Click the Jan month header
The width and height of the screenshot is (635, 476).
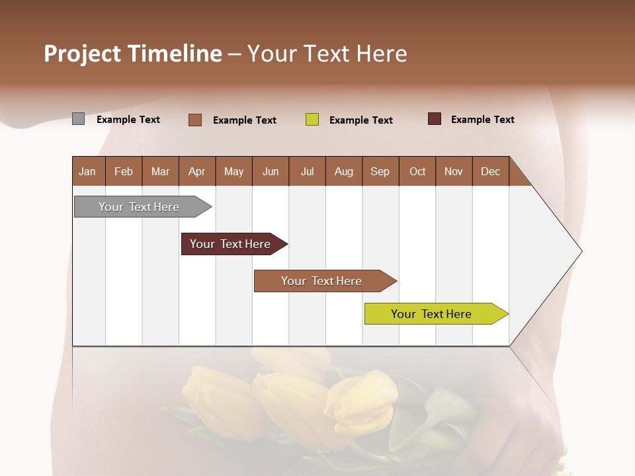(x=87, y=171)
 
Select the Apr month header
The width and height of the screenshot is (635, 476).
(x=196, y=171)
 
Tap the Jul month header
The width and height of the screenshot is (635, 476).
(x=307, y=171)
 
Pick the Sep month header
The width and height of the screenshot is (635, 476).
(x=380, y=171)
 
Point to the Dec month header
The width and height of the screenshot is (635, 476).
(x=490, y=171)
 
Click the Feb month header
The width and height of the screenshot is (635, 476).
(x=124, y=171)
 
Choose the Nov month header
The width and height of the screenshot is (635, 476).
(x=453, y=171)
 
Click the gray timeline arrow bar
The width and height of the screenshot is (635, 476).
(x=139, y=207)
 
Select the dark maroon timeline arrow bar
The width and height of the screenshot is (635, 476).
(x=230, y=244)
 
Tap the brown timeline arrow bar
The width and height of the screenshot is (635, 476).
(x=321, y=281)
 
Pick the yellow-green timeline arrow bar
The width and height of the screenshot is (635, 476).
(x=431, y=314)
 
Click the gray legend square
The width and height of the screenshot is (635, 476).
(x=78, y=119)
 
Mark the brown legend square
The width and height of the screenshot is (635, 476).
(x=194, y=120)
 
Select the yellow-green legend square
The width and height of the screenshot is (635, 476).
(x=312, y=120)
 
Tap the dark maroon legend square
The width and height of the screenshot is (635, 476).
(x=434, y=119)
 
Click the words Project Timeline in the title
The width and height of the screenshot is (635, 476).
(x=133, y=54)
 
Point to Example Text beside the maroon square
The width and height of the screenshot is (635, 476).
(x=482, y=120)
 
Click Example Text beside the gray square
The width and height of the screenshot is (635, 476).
(x=128, y=120)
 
